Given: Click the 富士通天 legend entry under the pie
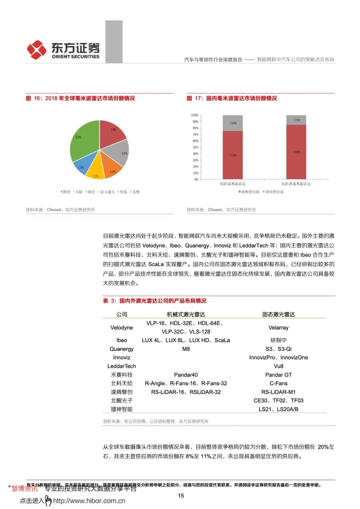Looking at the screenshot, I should pos(107,192).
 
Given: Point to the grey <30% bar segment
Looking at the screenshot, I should pos(233,123).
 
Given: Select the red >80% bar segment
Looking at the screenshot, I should pos(296,152).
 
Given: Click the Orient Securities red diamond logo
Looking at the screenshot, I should pos(37,50).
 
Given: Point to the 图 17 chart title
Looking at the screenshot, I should pos(232,98).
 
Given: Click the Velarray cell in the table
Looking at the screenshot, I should pos(278,328).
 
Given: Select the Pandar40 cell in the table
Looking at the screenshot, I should pos(186,375).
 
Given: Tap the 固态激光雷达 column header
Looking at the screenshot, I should pos(278,314).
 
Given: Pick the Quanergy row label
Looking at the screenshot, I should pos(121,349).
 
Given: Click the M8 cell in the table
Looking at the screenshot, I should pos(186,349).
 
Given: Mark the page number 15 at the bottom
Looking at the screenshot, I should pos(181,496).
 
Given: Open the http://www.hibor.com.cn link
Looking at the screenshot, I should pos(89,501).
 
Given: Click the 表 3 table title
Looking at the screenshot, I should pos(155,301).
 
